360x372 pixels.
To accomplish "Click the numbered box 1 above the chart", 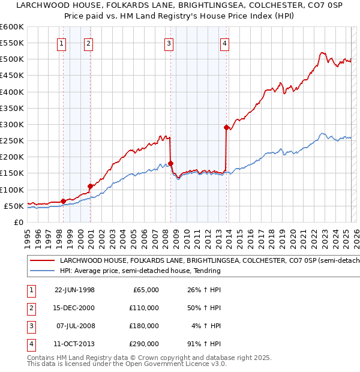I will (x=62, y=43).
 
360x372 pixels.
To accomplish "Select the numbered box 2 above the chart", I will (x=88, y=43).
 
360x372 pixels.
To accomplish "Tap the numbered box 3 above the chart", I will (x=169, y=43).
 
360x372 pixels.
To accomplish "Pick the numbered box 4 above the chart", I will (x=224, y=43).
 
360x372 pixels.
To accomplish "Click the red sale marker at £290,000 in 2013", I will (x=226, y=127).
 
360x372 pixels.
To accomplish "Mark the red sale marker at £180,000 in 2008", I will (x=171, y=163).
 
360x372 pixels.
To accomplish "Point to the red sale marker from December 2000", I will (x=91, y=186).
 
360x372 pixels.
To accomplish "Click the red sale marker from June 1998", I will (x=64, y=201).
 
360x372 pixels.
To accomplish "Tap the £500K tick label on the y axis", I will (x=11, y=59).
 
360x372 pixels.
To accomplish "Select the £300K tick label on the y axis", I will (x=11, y=124).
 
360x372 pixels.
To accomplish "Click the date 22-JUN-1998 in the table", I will (x=74, y=290).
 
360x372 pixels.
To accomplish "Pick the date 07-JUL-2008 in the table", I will (x=74, y=326).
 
